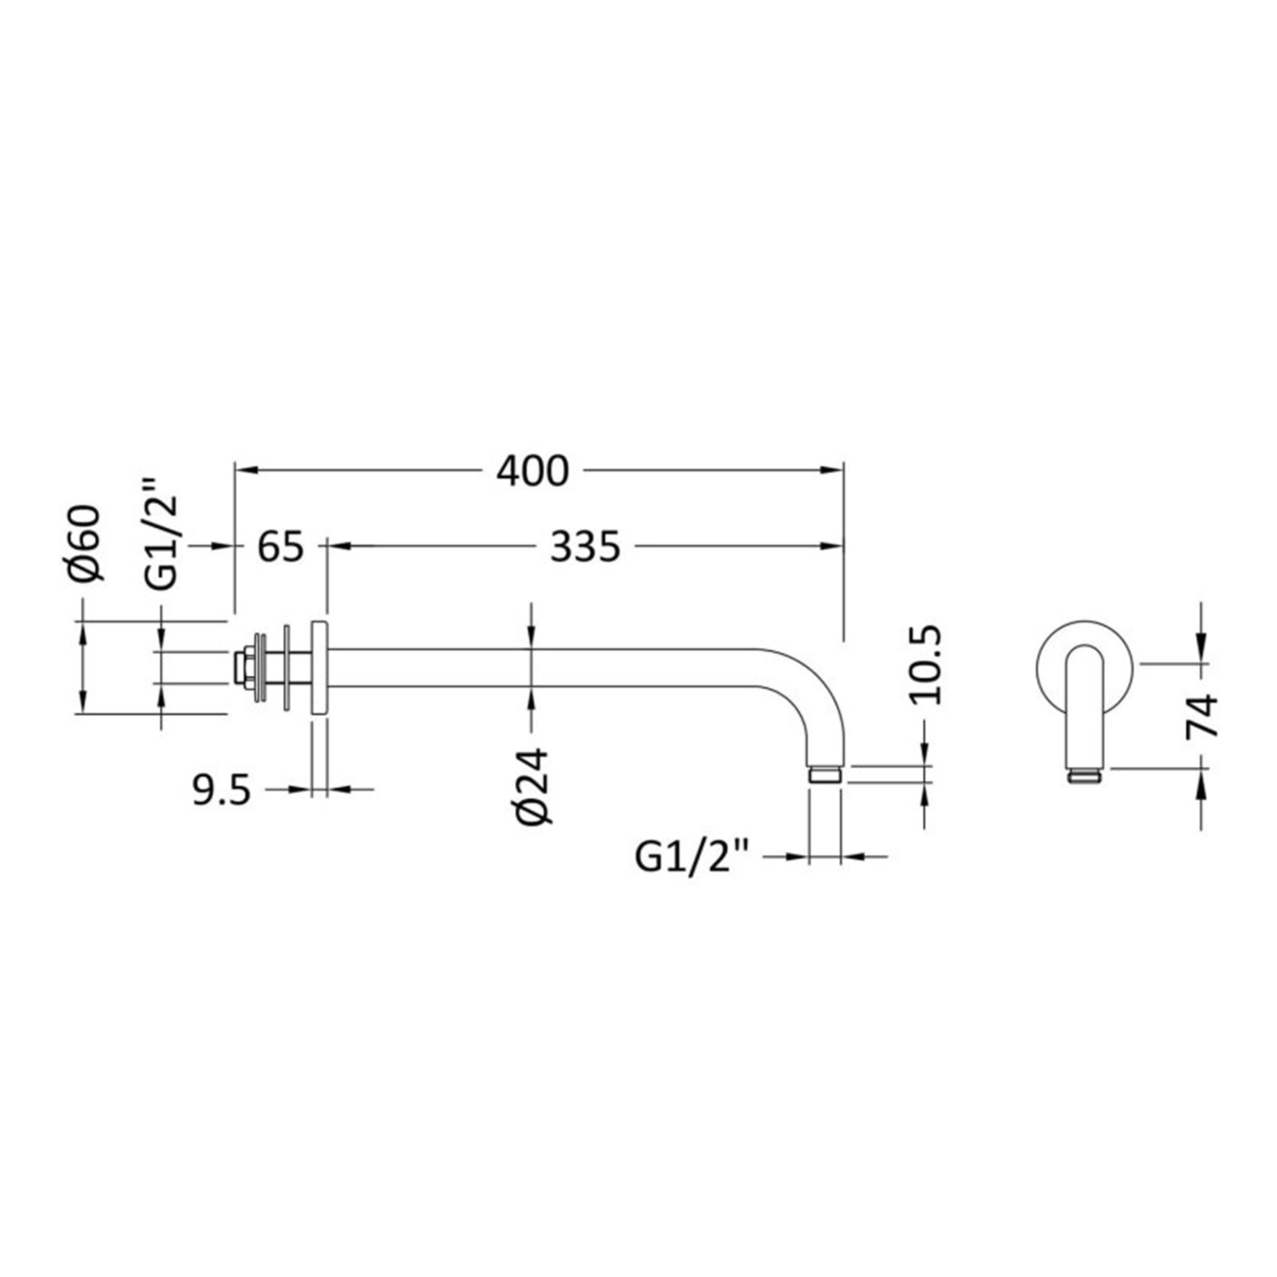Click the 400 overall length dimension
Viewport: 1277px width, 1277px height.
point(532,471)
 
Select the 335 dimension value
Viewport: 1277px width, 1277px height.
point(585,547)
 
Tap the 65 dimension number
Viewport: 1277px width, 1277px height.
point(280,547)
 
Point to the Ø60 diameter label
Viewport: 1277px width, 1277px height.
point(86,543)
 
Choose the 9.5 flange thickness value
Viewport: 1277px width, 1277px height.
point(222,790)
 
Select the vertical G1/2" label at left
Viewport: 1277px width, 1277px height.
point(161,534)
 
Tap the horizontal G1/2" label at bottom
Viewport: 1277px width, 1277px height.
point(692,857)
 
